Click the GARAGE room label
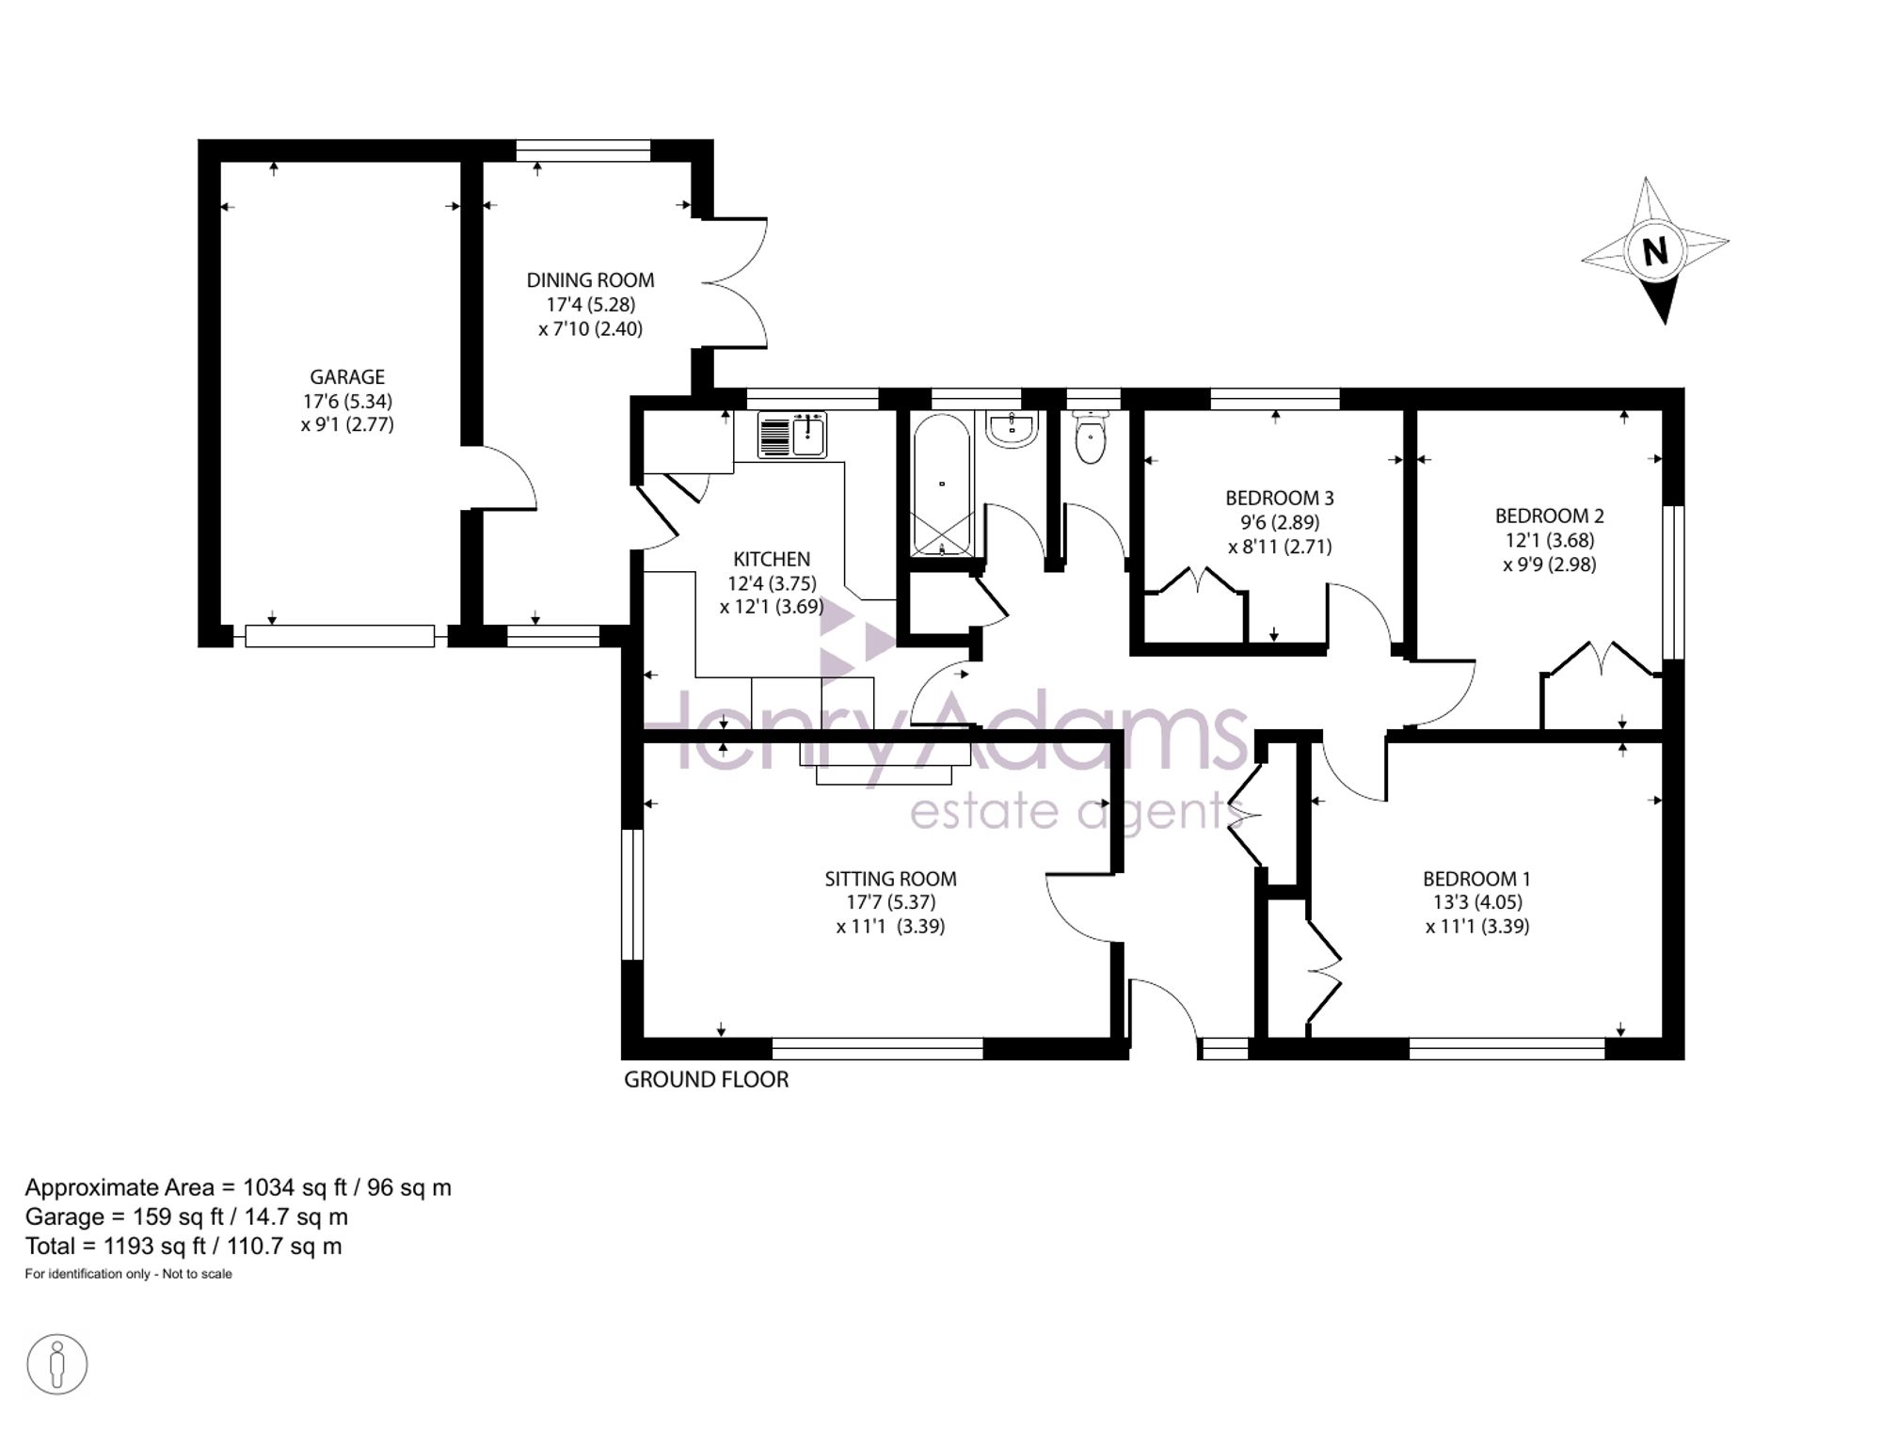tap(347, 377)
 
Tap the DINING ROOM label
tap(590, 280)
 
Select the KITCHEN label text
tap(772, 559)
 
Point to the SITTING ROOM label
tap(890, 879)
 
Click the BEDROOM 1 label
tap(1476, 879)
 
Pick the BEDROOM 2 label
tap(1549, 516)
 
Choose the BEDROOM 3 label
tap(1280, 498)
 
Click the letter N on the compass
tap(1654, 251)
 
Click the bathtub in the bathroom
tap(941, 485)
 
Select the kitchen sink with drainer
tap(792, 435)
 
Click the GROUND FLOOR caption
tap(706, 1080)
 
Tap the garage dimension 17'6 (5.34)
tap(347, 401)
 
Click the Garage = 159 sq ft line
tap(186, 1216)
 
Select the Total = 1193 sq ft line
tap(183, 1247)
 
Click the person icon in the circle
tap(57, 1364)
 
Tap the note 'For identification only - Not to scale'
tap(128, 1274)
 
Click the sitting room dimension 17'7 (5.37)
tap(890, 902)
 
